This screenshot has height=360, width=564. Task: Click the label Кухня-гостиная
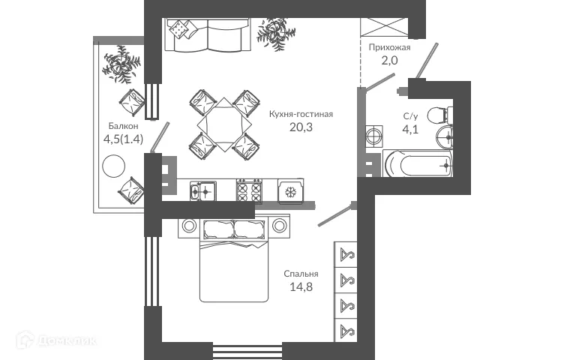300,115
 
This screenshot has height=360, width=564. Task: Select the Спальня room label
301,274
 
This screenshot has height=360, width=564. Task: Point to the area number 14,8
301,286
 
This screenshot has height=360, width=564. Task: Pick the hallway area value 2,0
388,61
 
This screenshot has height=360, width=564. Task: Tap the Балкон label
122,126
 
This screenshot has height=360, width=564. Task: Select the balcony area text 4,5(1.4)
124,139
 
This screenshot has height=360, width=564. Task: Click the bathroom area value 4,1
410,129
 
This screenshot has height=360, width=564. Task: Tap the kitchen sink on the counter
202,191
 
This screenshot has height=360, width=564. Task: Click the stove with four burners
249,191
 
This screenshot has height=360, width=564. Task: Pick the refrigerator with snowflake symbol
289,191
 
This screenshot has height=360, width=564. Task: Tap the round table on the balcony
114,165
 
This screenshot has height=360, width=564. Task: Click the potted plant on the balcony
121,64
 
